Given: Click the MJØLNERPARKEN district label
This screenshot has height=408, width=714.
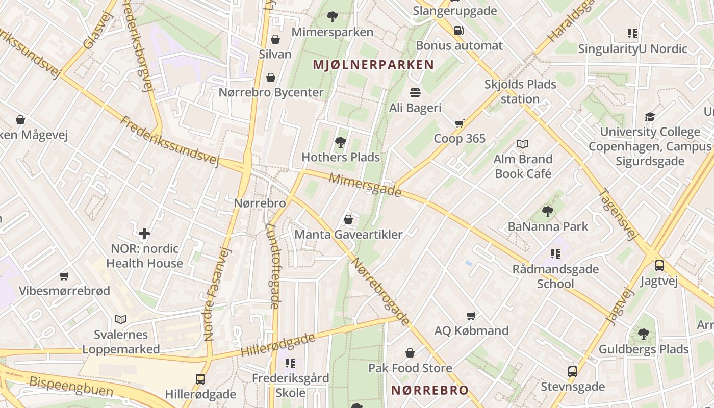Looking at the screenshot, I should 374,65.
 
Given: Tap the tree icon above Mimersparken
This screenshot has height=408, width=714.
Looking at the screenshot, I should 333,17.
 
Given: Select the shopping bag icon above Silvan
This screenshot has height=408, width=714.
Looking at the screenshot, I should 275,39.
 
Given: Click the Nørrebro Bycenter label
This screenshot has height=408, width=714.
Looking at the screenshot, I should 271,92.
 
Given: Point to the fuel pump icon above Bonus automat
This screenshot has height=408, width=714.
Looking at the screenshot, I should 458,31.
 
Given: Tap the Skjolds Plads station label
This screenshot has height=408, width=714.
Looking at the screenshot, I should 520,91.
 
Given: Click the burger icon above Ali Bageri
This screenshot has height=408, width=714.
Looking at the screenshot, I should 415,93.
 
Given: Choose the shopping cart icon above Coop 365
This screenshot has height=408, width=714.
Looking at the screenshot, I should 460,123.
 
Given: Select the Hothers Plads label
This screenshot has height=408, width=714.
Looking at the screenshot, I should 341,157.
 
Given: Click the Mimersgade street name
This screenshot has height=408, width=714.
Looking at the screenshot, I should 365,185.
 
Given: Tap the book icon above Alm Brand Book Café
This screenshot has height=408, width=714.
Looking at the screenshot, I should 523,144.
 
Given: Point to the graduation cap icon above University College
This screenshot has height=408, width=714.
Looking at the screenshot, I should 650,117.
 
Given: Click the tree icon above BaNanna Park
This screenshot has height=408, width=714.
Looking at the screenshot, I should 548,211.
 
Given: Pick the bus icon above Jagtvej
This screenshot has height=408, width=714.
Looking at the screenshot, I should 659,265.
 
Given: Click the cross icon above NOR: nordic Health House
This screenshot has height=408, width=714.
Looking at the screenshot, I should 144,234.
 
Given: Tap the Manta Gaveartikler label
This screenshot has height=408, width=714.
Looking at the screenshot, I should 349,235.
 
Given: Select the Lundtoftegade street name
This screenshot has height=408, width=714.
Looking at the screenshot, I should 273,267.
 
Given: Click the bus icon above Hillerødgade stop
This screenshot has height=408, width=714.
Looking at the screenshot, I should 200,379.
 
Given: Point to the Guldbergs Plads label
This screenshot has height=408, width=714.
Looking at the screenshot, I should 644,349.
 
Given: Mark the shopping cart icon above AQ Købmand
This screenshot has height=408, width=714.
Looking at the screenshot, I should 471,316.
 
